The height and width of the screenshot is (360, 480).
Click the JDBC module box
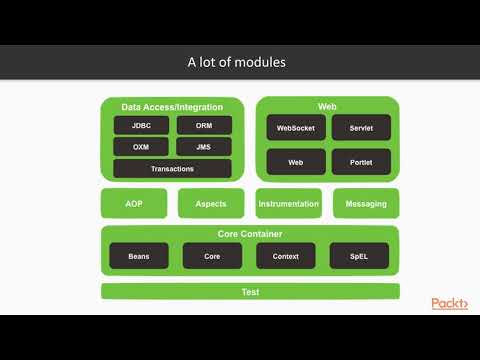(x=142, y=126)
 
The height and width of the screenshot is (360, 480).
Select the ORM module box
(x=204, y=126)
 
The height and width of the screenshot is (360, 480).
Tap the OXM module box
(x=142, y=147)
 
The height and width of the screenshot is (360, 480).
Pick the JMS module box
(x=204, y=147)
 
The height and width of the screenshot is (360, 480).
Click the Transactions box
(x=173, y=169)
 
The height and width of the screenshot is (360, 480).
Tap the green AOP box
(x=134, y=204)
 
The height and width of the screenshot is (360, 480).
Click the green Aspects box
(x=211, y=204)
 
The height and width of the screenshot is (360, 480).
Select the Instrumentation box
(x=289, y=204)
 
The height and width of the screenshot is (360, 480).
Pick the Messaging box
(x=366, y=204)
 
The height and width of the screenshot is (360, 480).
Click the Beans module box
(x=139, y=256)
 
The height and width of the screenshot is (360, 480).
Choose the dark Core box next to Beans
(x=212, y=256)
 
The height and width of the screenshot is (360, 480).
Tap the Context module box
(x=286, y=256)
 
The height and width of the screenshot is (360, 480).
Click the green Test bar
(x=250, y=292)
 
